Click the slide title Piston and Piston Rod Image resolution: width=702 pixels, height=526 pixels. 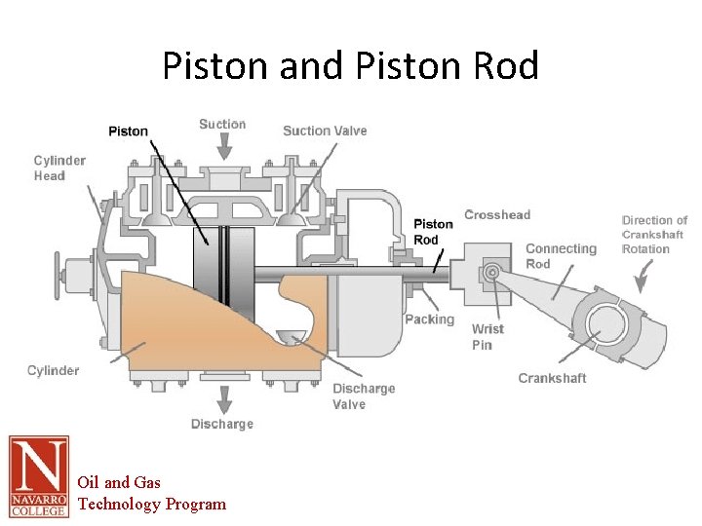pos(350,66)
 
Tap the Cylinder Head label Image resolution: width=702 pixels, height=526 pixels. pos(59,169)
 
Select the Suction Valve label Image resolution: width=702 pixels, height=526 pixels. pos(325,131)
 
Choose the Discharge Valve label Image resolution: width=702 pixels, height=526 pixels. pos(364,396)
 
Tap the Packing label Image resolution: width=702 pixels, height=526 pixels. pos(429,319)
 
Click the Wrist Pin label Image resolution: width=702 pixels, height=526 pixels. pos(487,337)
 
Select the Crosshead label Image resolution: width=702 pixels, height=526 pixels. pos(497,215)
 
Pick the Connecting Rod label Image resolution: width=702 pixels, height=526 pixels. pos(561,256)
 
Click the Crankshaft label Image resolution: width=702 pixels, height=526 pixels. pos(552,378)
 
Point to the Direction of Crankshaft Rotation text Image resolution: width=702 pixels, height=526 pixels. pos(654,235)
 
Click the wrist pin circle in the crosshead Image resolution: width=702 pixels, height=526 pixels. pos(492,272)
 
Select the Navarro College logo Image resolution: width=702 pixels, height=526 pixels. pos(39,476)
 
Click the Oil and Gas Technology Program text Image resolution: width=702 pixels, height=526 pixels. pos(151,493)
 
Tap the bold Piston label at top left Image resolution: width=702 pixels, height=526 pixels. pos(128,131)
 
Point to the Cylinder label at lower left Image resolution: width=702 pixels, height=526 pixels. pos(53,370)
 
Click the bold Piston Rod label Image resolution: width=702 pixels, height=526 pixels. pos(433,232)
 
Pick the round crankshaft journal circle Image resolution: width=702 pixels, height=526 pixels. pos(604,325)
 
